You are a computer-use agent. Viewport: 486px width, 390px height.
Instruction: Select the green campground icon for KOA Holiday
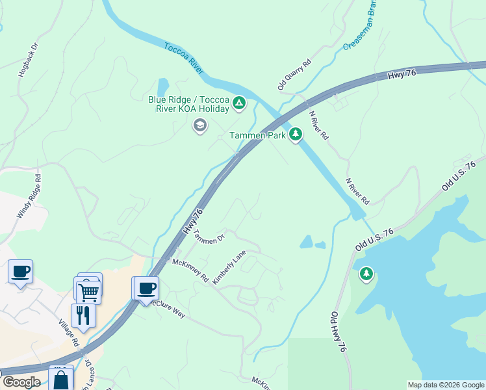(x=239, y=103)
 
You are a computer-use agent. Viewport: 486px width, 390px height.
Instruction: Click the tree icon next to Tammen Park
(x=296, y=135)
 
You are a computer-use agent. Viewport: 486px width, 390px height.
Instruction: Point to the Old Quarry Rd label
(x=294, y=74)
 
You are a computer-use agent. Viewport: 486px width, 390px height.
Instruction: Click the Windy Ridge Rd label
(x=29, y=195)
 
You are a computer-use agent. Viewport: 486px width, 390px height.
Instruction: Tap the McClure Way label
(x=168, y=309)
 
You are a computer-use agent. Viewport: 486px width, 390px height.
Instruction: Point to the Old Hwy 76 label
(x=339, y=331)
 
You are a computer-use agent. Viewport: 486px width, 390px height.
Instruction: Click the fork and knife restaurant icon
(x=83, y=315)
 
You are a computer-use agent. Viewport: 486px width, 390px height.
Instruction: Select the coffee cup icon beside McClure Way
(x=147, y=287)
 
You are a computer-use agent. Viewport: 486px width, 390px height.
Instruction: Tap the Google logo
(x=21, y=382)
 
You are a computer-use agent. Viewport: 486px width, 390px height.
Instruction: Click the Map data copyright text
(x=446, y=385)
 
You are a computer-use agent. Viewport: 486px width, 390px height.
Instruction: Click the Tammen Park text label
(x=257, y=135)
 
